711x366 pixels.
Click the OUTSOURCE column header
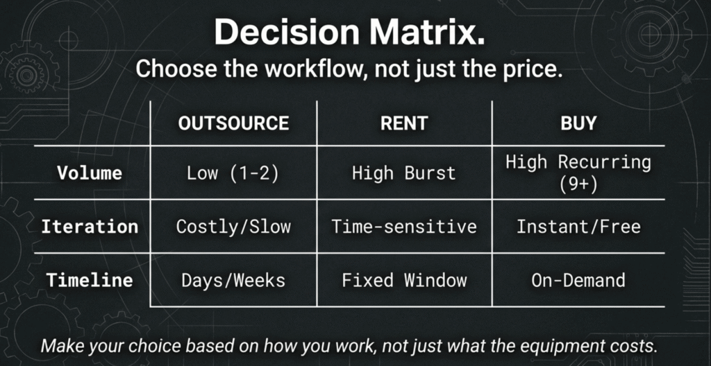(233, 123)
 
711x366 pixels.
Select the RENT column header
(404, 123)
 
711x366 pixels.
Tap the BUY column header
(578, 123)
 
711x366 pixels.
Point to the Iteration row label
(89, 227)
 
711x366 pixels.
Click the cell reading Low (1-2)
(233, 173)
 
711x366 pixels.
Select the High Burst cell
(404, 173)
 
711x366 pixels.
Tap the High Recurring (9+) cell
(578, 172)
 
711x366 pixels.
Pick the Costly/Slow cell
(233, 227)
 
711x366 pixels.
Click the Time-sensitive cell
(404, 227)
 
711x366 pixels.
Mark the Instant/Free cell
(578, 227)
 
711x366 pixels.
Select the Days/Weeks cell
(233, 281)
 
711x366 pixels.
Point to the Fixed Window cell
(404, 281)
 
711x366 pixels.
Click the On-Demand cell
(578, 281)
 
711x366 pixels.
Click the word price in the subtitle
(528, 70)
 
